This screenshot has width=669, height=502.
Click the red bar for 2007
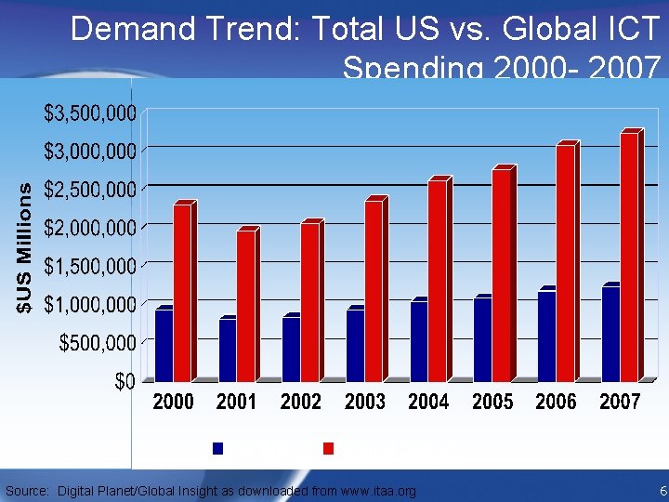point(629,257)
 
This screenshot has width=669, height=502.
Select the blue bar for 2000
point(164,345)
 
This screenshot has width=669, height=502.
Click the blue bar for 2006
point(546,336)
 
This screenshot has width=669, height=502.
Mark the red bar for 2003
point(374,290)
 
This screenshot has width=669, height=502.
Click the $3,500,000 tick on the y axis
point(91,113)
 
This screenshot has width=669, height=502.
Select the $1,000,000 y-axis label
point(91,304)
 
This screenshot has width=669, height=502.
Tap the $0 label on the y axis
point(125,381)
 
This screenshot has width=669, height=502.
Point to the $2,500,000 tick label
point(91,190)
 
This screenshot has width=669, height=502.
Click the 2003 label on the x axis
point(364,403)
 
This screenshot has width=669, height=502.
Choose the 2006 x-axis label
point(556,403)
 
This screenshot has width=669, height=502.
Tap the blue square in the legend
point(218,448)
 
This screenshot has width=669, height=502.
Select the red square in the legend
point(328,448)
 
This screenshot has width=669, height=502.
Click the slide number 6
point(662,491)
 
